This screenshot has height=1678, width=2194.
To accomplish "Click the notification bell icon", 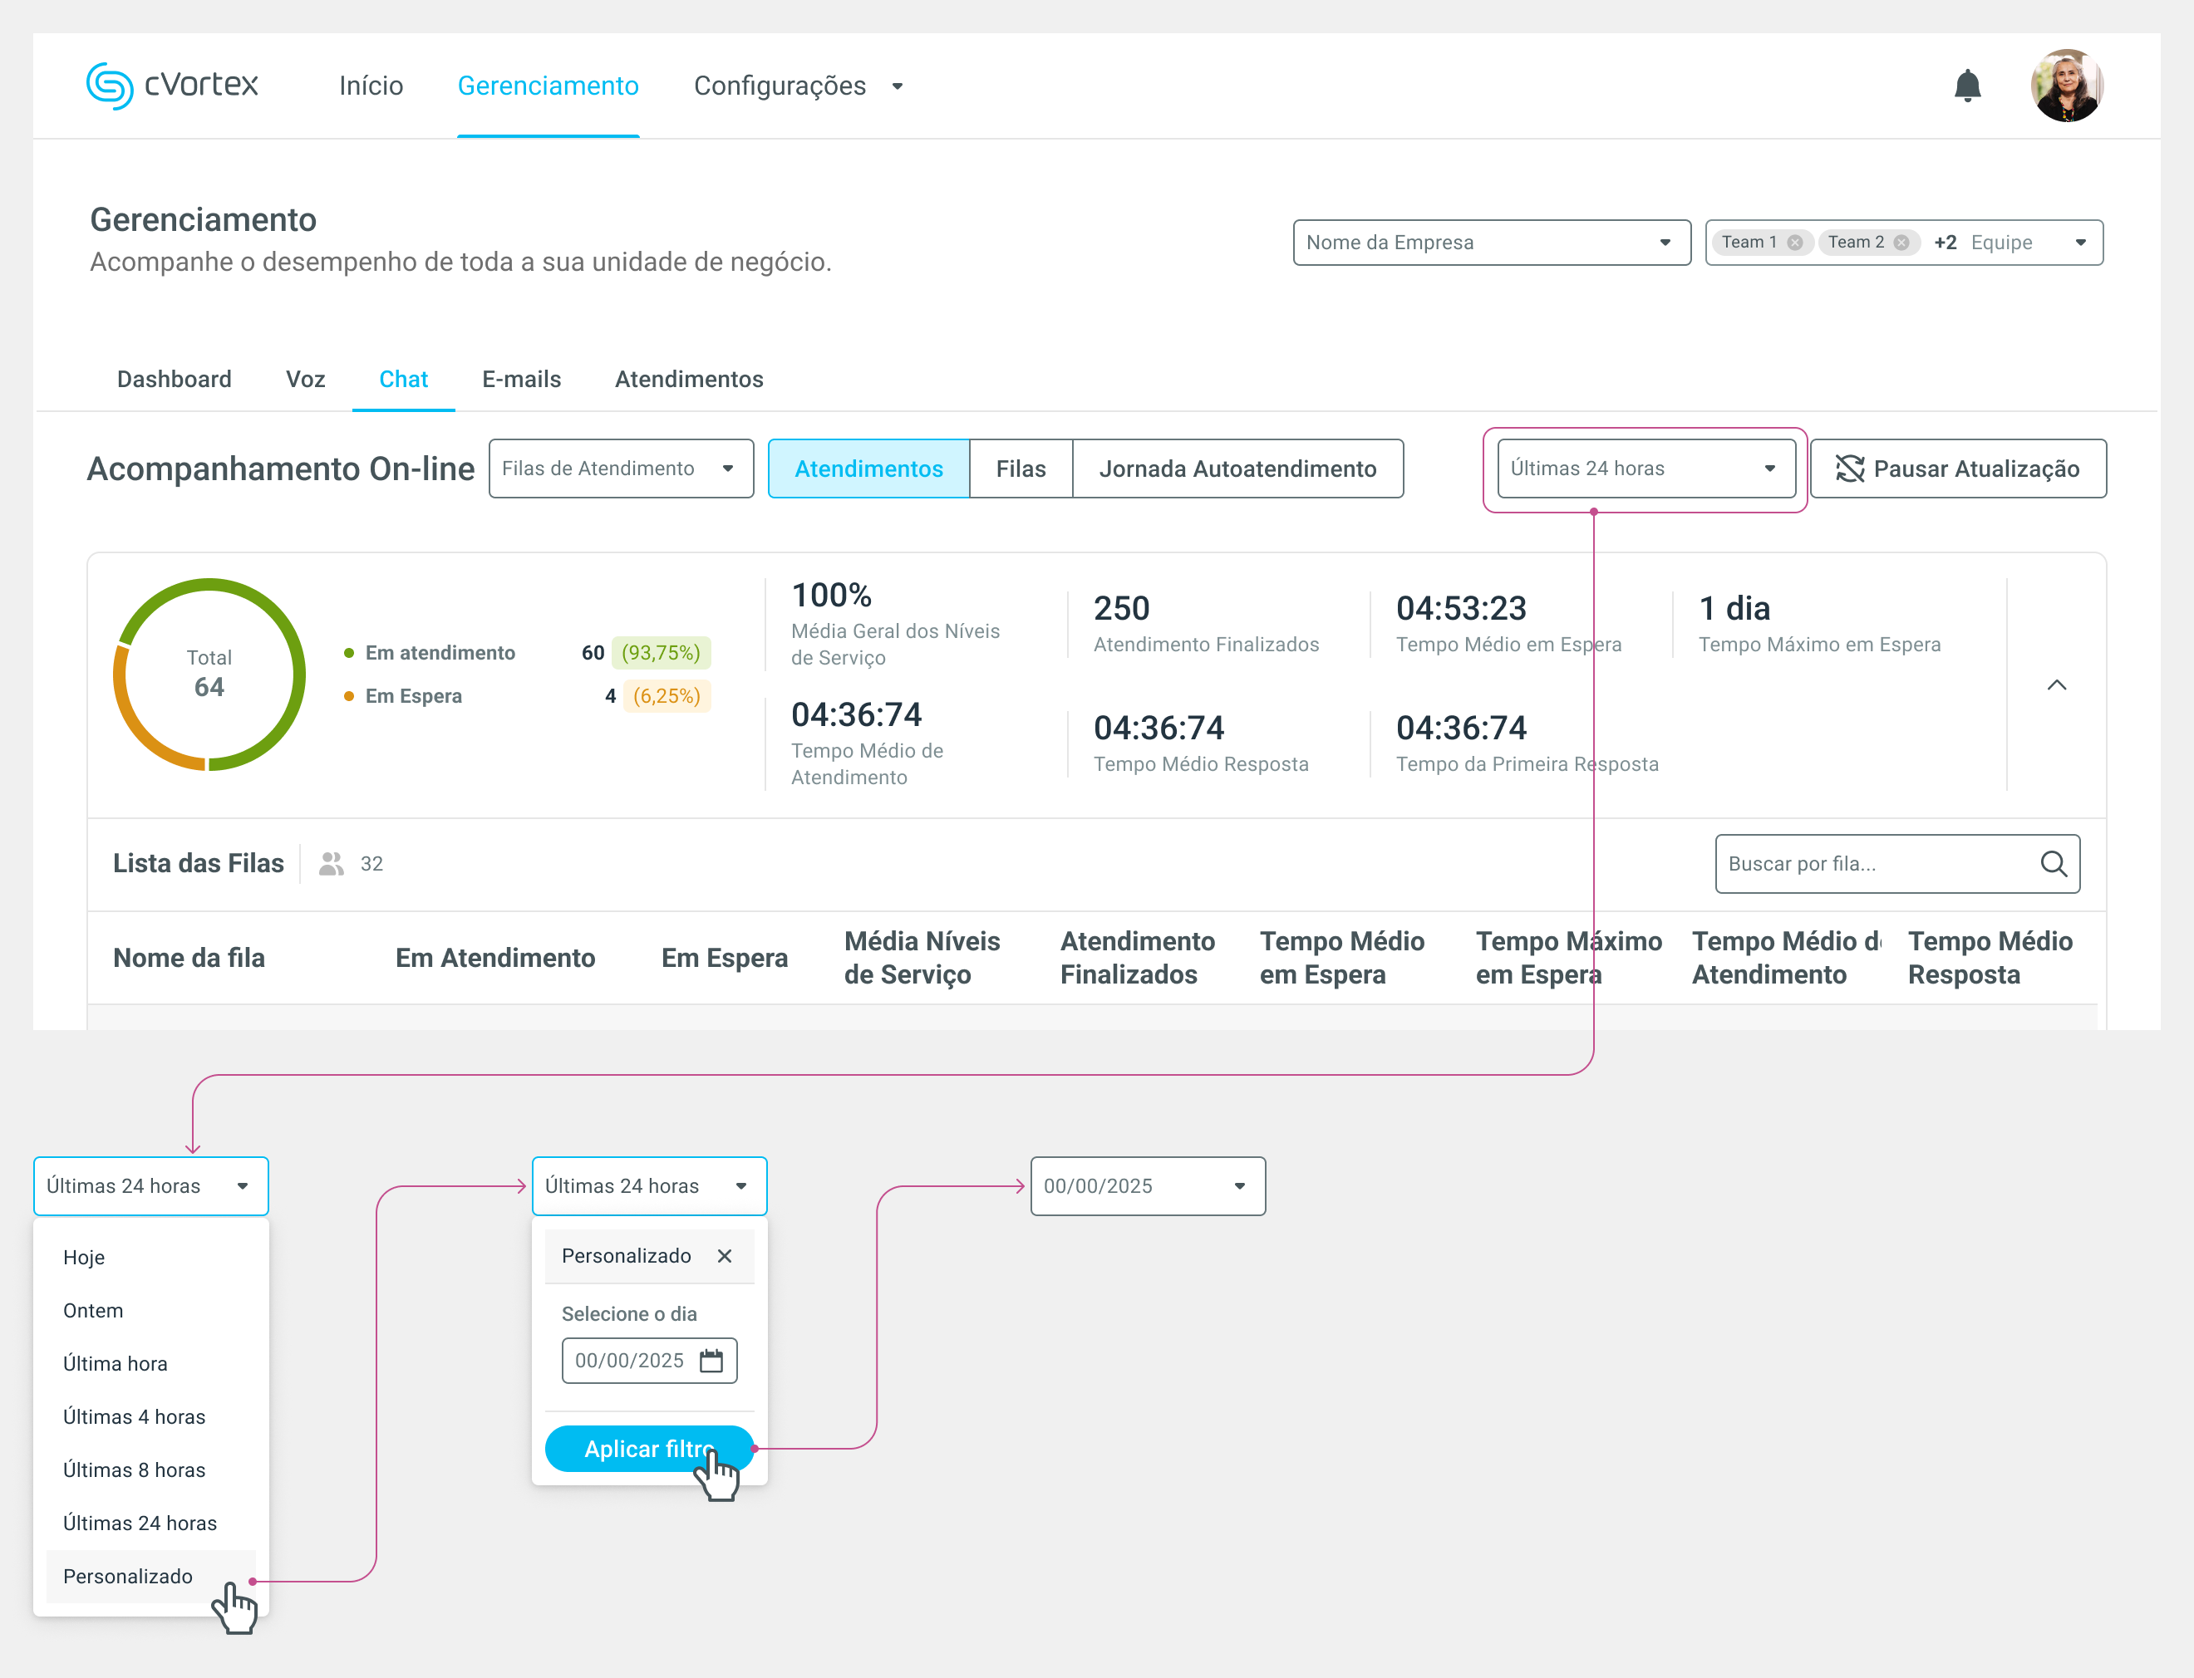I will tap(1966, 86).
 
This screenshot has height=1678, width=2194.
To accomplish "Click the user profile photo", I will tap(2066, 86).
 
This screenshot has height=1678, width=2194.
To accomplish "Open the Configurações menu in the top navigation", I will tap(797, 86).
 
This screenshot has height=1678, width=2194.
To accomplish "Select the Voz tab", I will tap(305, 380).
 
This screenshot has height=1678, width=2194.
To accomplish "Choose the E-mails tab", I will tap(520, 380).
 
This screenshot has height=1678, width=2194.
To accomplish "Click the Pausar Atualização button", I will tap(1957, 469).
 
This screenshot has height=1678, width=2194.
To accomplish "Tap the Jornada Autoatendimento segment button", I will tap(1237, 469).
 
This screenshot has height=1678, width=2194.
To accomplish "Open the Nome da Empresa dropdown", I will tap(1491, 243).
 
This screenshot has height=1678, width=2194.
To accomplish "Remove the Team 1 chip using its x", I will tap(1794, 243).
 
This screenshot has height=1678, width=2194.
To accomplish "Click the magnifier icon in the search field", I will tap(2053, 864).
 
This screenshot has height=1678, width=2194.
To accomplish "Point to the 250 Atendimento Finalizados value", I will tap(1121, 608).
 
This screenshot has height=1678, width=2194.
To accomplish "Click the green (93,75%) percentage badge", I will tap(661, 653).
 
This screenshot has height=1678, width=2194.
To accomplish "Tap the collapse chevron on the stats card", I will tap(2056, 685).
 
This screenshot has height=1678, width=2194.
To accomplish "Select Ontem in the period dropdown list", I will tap(93, 1311).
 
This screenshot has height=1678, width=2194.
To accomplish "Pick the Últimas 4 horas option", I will tap(134, 1416).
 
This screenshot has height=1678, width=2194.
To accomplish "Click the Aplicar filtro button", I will tap(647, 1448).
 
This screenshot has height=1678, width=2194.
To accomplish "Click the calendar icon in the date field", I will tap(711, 1361).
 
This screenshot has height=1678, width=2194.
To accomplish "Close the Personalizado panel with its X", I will tap(725, 1255).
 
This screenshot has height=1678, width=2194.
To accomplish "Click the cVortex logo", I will tap(172, 85).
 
